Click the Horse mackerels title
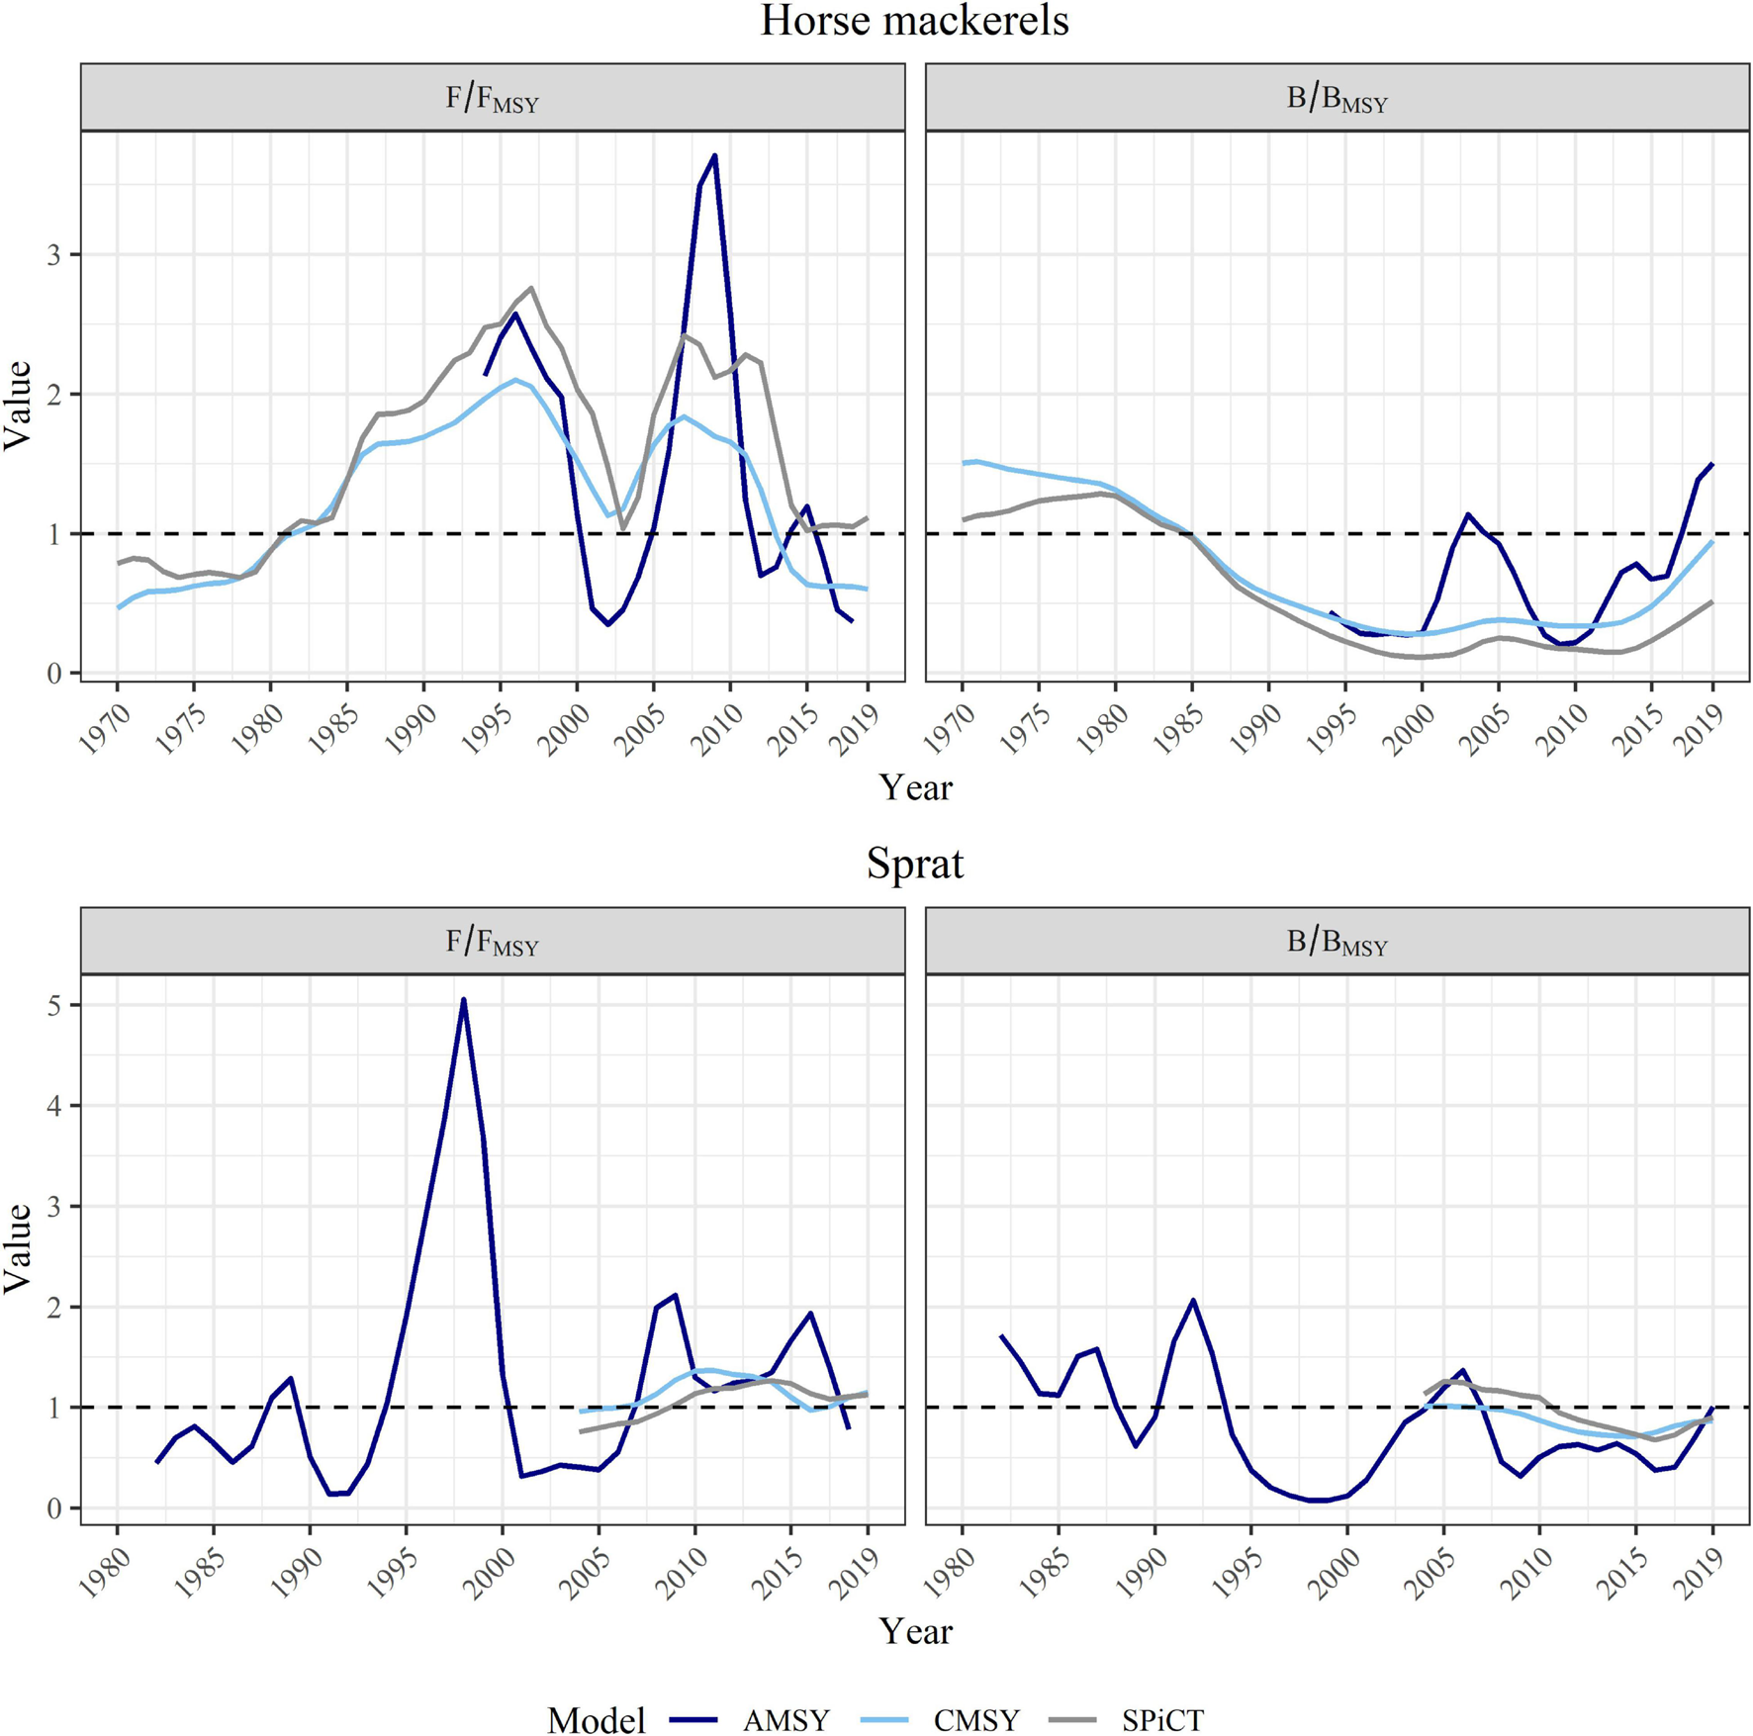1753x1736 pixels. point(914,22)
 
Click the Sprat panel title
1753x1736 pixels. point(914,864)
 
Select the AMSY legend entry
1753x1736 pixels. point(785,1720)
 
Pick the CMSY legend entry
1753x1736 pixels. point(975,1720)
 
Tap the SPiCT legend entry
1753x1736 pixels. point(1162,1720)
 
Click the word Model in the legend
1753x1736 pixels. point(596,1720)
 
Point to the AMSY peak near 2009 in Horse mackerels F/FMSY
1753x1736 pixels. point(714,155)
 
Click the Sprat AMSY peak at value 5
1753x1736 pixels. point(463,1000)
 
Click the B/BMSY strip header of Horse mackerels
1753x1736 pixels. point(1337,98)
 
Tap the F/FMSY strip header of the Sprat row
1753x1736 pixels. point(492,941)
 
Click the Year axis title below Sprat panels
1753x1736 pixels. point(914,1631)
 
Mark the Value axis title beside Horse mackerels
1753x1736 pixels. point(18,406)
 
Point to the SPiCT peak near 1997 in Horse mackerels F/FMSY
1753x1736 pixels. point(531,288)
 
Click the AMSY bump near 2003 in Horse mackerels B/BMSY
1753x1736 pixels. point(1468,514)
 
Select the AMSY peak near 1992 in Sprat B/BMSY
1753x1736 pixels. point(1193,1301)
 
